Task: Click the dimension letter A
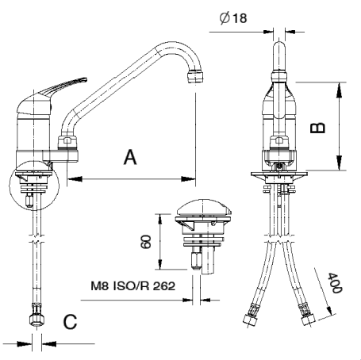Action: click(x=130, y=157)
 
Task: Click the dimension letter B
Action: click(x=317, y=128)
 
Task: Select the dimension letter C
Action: click(x=70, y=322)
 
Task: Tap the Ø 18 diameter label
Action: click(x=233, y=18)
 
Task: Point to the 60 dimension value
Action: click(x=145, y=242)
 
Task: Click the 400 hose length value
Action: click(x=335, y=283)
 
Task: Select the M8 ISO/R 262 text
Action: click(x=133, y=285)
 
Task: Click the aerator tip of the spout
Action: click(x=195, y=76)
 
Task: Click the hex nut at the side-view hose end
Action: click(x=36, y=320)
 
